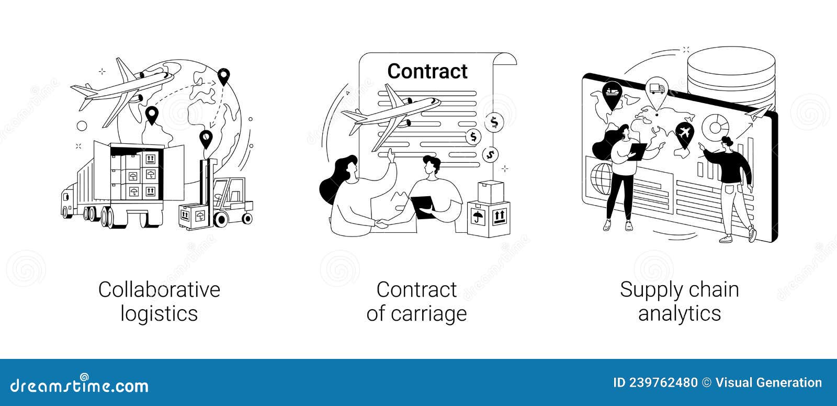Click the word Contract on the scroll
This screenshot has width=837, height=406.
pos(427,72)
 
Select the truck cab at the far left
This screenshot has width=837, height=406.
pos(67,201)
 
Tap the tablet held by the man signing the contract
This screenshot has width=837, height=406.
pos(422,205)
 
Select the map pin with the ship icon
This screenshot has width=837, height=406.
pos(612,94)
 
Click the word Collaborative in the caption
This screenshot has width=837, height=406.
pos(159,289)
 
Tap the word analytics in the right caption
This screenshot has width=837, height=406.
pos(679,314)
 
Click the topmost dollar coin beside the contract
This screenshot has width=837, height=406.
pos(493,123)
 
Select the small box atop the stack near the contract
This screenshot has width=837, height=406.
pos(490,190)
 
